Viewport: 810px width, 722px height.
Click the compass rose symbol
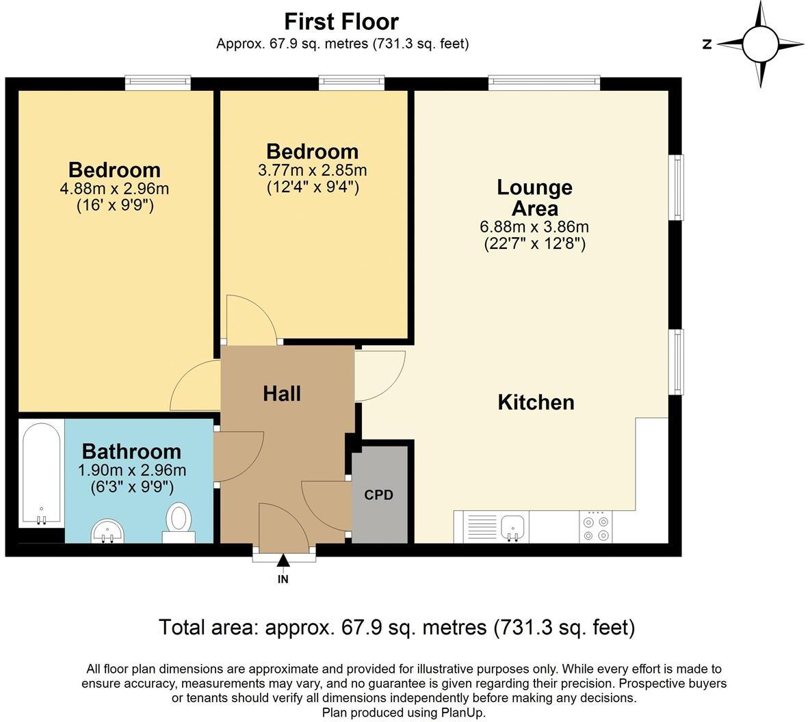point(761,44)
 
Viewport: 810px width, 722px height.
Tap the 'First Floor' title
point(341,22)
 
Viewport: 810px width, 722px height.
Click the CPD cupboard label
point(378,495)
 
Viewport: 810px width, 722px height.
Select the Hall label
point(282,394)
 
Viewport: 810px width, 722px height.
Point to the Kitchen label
point(536,402)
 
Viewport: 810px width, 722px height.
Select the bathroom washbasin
point(107,531)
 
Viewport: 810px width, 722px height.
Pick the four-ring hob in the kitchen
point(596,527)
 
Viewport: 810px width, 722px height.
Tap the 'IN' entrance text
point(283,580)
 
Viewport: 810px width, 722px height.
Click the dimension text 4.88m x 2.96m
point(114,189)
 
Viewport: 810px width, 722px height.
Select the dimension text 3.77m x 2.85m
point(312,170)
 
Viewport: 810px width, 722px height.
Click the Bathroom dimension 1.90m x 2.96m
point(132,470)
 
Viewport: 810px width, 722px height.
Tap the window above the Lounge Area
point(544,83)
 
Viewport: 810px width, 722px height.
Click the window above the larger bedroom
point(157,83)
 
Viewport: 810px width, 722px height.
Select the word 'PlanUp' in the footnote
point(462,712)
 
